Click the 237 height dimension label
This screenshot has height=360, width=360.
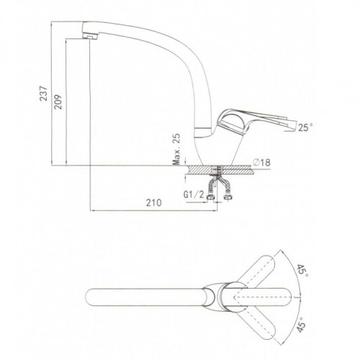[44, 93]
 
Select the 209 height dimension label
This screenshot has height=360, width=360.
[58, 102]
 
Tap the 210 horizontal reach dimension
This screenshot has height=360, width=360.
[154, 203]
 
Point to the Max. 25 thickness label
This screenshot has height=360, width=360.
[176, 149]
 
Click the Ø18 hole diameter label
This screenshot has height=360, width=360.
[261, 163]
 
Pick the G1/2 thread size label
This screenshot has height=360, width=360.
[194, 194]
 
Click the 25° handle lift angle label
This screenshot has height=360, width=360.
[305, 127]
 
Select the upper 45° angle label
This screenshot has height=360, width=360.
[302, 271]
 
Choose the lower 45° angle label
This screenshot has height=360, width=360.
[302, 325]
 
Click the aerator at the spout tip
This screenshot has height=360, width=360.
[90, 36]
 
